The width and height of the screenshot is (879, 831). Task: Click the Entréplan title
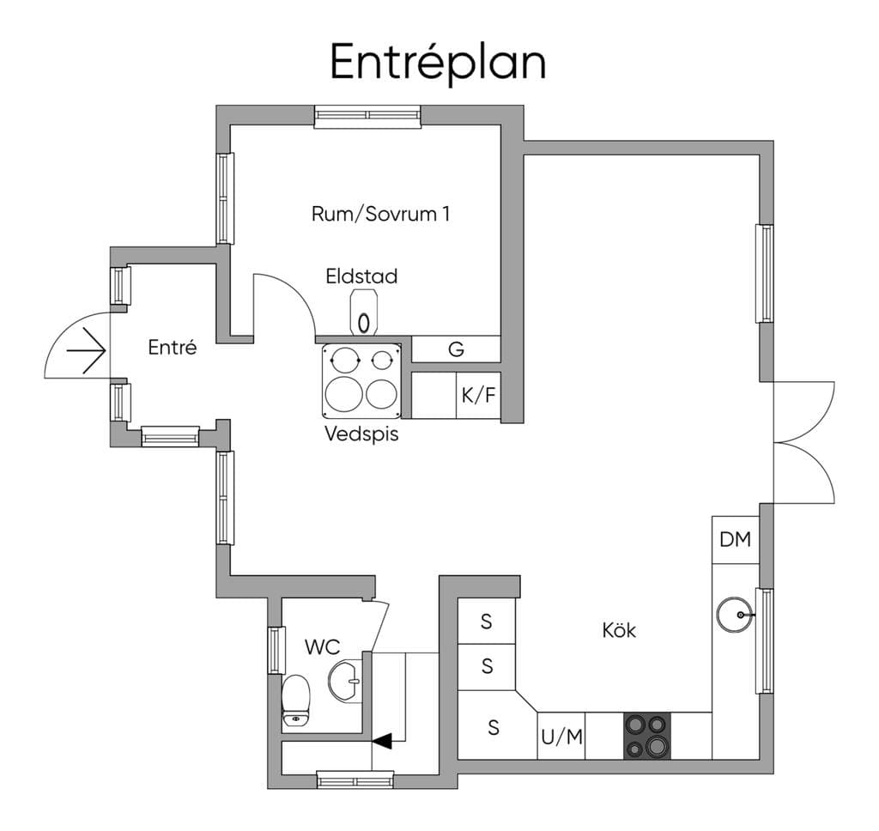(x=438, y=63)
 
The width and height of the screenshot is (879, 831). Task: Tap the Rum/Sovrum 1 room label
(x=380, y=214)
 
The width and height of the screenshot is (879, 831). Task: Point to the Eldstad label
(x=361, y=276)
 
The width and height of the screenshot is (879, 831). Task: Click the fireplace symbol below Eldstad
(x=363, y=312)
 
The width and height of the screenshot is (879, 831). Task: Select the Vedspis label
(x=361, y=434)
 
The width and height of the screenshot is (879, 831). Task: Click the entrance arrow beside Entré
(x=86, y=351)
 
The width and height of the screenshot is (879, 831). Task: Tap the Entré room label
(x=172, y=347)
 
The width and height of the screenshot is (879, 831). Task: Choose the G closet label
(x=457, y=349)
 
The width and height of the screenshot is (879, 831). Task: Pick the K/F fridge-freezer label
(x=479, y=395)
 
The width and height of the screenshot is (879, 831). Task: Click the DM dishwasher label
(x=735, y=539)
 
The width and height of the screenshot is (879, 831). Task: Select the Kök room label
(x=619, y=630)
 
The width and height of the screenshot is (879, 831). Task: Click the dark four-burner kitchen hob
(x=647, y=737)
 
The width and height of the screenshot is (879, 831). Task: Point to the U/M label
(x=561, y=737)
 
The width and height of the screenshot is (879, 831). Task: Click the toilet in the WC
(x=295, y=701)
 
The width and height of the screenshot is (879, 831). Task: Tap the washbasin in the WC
(x=345, y=681)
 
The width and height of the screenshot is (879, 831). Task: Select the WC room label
(x=323, y=647)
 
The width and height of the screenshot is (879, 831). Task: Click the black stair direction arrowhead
(x=382, y=741)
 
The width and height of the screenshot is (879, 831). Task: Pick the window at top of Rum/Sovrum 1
(x=367, y=117)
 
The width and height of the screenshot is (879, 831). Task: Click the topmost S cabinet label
(x=487, y=622)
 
